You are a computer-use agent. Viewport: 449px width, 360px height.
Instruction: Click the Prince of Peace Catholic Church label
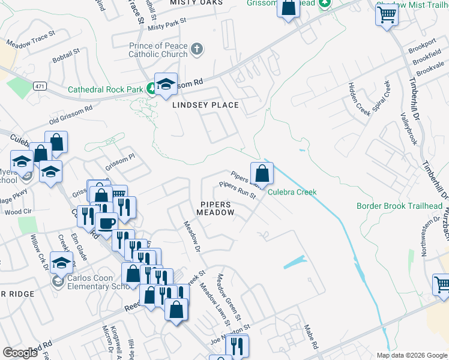[x=158, y=50]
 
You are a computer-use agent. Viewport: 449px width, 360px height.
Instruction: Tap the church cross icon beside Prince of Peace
[x=197, y=47]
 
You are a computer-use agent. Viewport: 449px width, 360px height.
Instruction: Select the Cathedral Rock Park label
[x=105, y=89]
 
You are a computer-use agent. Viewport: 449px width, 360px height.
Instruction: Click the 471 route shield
[x=40, y=86]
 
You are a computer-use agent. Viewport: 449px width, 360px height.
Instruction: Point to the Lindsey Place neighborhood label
[x=206, y=105]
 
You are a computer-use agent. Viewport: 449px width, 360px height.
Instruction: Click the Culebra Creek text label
[x=292, y=193]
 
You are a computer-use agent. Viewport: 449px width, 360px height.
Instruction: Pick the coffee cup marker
[x=107, y=223]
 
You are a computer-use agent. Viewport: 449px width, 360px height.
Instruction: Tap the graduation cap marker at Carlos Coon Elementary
[x=61, y=263]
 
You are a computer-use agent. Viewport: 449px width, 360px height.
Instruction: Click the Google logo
[x=20, y=353]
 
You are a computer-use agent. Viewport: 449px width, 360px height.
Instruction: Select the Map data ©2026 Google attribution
[x=411, y=355]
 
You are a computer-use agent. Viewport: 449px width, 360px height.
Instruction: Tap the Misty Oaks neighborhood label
[x=196, y=3]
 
